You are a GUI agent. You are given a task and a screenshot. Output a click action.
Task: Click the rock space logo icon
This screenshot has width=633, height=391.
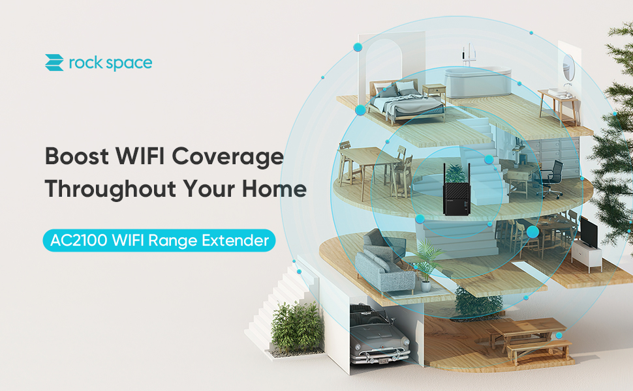coord(54,63)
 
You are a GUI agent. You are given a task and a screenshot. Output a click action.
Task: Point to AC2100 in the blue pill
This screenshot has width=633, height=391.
coord(78,240)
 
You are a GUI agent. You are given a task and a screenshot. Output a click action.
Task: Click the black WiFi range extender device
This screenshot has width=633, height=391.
coord(457,189)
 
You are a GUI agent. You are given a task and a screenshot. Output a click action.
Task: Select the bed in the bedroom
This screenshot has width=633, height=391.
coord(405,101)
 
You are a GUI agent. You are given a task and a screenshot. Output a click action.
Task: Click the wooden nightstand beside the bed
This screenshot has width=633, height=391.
coord(433,93)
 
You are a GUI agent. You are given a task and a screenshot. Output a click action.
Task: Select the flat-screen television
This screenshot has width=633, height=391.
coord(589,233)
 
